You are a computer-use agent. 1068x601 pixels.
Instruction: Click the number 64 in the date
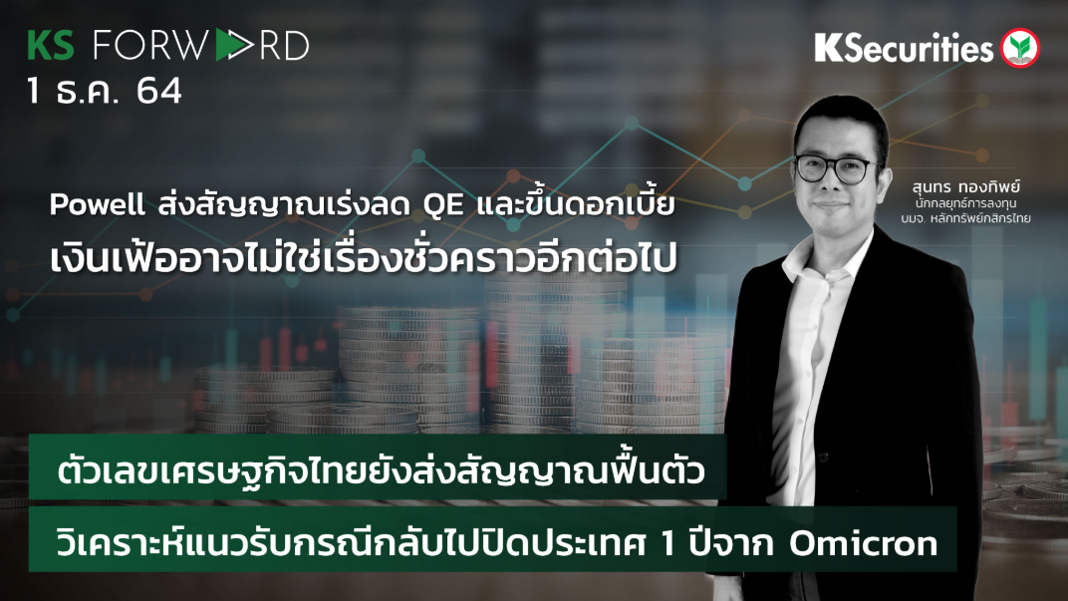(159, 92)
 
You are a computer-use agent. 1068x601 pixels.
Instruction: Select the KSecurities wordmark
(904, 48)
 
